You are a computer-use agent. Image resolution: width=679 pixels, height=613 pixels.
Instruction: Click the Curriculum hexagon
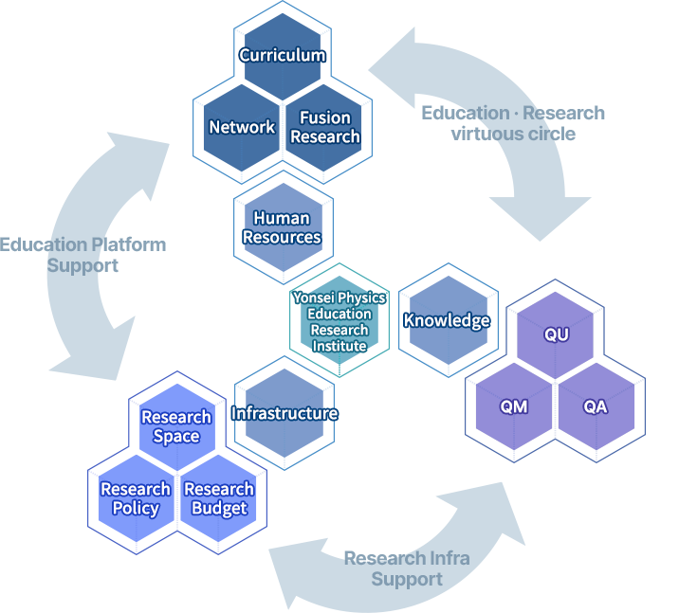[283, 55]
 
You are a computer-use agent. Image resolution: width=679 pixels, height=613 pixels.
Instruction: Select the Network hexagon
[242, 127]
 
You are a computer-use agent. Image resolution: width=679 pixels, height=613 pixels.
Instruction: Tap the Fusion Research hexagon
[325, 127]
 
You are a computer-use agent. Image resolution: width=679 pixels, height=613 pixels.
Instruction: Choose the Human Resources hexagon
[283, 227]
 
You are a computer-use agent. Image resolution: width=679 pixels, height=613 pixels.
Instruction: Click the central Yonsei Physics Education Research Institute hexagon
[339, 321]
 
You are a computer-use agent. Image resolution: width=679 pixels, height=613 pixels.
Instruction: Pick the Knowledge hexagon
[447, 320]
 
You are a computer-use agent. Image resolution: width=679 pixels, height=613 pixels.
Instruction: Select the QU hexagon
[556, 334]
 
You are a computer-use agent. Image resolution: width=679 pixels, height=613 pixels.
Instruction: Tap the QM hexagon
[514, 407]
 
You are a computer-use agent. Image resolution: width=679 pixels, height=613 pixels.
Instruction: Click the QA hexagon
[596, 407]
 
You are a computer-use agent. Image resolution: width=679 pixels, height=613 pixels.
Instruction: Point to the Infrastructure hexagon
[284, 413]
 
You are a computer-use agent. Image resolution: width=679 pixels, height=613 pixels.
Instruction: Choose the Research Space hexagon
[176, 426]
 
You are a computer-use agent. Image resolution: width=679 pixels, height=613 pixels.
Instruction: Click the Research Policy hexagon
[136, 498]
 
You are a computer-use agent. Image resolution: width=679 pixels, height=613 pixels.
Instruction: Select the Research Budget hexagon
[219, 498]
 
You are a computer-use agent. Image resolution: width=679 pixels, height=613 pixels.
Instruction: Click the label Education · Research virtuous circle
[513, 123]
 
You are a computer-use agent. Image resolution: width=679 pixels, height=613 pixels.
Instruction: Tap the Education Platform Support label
[83, 255]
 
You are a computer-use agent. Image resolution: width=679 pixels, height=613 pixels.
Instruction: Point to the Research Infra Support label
[407, 568]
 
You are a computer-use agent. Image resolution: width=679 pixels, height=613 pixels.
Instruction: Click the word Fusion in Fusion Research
[325, 117]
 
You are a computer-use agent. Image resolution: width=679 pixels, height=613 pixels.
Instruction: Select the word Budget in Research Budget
[219, 508]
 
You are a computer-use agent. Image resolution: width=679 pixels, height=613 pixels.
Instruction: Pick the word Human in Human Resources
[282, 218]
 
